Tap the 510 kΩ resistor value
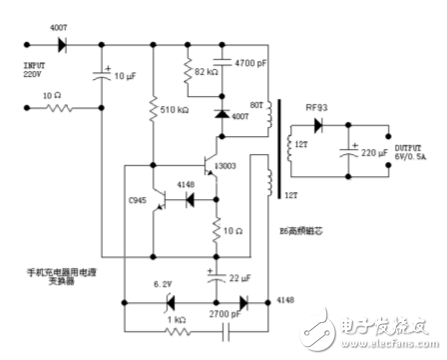tap(178, 111)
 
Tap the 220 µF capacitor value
tap(377, 155)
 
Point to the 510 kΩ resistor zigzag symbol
tap(153, 111)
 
